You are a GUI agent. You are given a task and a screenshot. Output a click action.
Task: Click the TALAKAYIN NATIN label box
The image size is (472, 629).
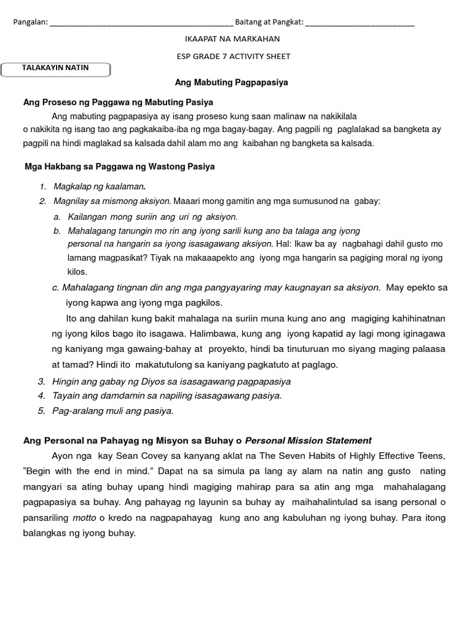click(56, 69)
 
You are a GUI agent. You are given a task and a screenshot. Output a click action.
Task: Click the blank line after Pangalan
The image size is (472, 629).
click(141, 24)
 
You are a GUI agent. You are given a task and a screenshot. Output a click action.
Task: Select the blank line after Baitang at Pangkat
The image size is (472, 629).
click(360, 24)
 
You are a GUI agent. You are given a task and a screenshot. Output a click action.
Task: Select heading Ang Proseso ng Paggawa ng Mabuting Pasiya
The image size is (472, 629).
click(118, 102)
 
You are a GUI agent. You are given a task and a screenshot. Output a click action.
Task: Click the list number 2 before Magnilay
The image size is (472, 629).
click(42, 201)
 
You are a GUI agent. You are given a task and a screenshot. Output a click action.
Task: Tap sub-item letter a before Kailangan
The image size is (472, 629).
click(57, 217)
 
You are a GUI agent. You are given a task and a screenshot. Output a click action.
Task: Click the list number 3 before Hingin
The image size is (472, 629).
click(41, 381)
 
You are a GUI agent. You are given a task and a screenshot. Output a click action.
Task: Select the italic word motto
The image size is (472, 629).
click(84, 518)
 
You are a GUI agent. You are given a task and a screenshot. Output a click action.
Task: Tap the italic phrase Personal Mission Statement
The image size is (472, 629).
click(308, 440)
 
